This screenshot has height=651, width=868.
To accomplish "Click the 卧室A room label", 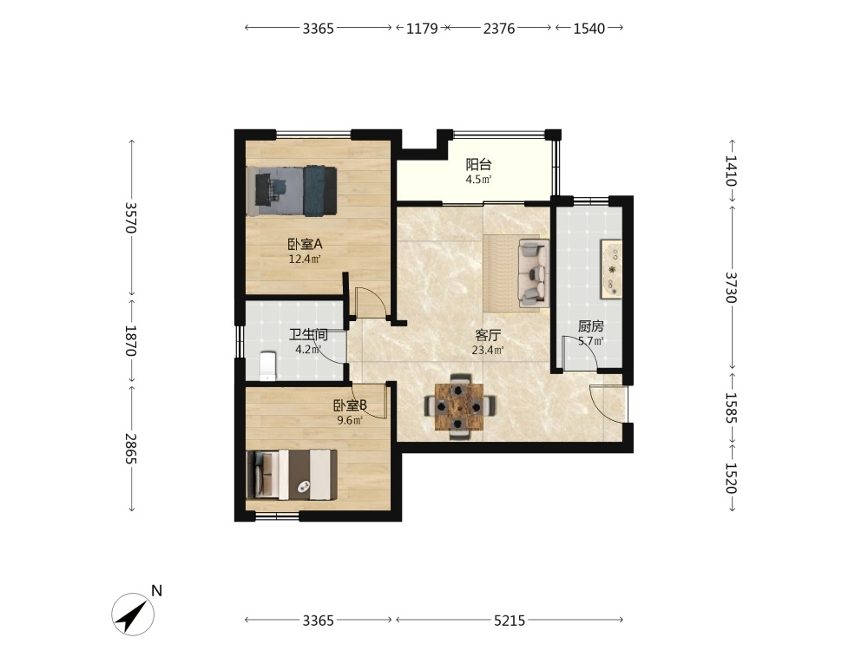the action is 305,244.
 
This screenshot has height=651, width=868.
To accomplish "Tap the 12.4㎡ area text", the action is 305,259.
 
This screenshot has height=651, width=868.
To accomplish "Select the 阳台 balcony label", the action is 479,164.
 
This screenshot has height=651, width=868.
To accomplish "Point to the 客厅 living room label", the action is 488,335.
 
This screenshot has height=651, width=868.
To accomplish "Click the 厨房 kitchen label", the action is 590,326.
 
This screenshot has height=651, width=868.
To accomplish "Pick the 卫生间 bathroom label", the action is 308,334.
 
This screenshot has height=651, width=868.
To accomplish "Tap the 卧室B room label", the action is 350,405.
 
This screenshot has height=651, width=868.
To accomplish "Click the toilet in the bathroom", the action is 267,366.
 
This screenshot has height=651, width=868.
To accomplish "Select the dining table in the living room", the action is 459,407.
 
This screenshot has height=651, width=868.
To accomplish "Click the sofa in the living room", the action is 534,273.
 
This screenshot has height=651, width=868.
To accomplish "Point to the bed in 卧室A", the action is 292,190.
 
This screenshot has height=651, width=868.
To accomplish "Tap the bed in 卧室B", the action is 292,475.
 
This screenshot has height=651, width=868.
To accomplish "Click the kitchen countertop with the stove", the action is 612,270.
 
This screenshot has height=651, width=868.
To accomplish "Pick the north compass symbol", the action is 133,614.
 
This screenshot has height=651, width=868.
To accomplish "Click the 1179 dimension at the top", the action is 422,29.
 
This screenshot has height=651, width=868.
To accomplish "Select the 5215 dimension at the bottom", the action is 510,621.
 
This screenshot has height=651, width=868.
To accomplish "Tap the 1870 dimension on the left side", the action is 131,340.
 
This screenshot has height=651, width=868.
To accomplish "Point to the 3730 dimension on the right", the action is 731,287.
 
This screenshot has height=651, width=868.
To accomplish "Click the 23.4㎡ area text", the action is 488,350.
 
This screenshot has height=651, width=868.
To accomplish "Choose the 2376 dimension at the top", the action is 499,29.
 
